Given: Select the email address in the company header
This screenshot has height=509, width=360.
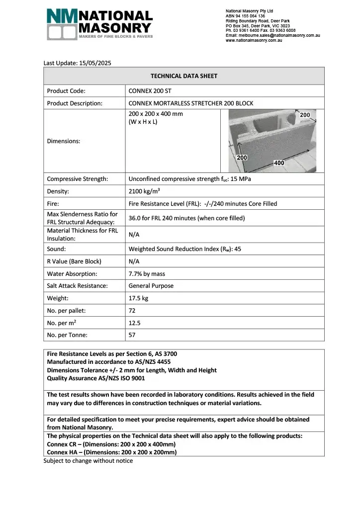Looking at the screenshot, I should pyautogui.click(x=272, y=35).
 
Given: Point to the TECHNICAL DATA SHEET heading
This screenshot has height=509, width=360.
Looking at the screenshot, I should pyautogui.click(x=183, y=76).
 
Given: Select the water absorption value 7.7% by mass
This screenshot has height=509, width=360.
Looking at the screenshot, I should pyautogui.click(x=147, y=273).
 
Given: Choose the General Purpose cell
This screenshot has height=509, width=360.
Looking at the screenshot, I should pyautogui.click(x=151, y=286).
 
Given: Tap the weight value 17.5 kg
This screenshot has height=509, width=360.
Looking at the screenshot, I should pyautogui.click(x=139, y=298).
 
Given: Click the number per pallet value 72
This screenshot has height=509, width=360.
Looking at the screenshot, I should pyautogui.click(x=132, y=311).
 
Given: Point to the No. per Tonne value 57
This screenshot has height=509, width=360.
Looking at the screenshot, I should pyautogui.click(x=132, y=335).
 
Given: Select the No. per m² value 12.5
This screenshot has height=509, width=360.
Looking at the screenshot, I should pyautogui.click(x=134, y=323).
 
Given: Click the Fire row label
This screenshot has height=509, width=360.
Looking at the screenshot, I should pyautogui.click(x=53, y=204).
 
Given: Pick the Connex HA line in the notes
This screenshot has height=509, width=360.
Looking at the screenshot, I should pyautogui.click(x=112, y=452).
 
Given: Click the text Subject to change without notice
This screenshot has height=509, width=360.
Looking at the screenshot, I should pyautogui.click(x=88, y=461).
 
